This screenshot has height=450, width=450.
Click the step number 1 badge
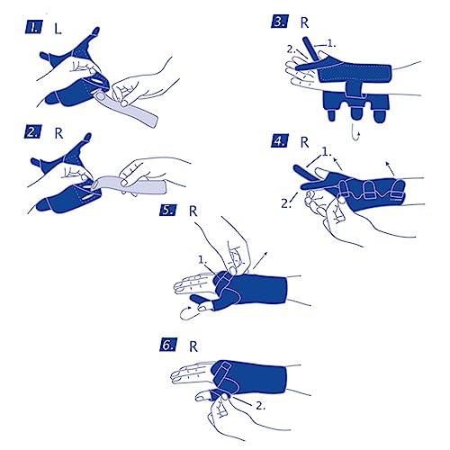pyautogui.click(x=34, y=26)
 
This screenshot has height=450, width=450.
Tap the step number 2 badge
pyautogui.click(x=32, y=131)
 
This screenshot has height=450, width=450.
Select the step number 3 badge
pyautogui.click(x=280, y=21)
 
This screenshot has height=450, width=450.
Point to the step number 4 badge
pyautogui.click(x=280, y=140)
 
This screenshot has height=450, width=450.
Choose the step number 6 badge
pyautogui.click(x=167, y=345)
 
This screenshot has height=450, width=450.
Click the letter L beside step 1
pyautogui.click(x=58, y=29)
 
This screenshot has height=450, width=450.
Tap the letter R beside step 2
pyautogui.click(x=58, y=133)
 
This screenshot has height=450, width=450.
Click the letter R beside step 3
pyautogui.click(x=304, y=22)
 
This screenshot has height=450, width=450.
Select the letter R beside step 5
pyautogui.click(x=193, y=211)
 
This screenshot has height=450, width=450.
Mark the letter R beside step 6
pyautogui.click(x=193, y=346)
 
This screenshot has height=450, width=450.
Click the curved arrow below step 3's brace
pyautogui.click(x=355, y=134)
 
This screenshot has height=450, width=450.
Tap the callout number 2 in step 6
pyautogui.click(x=260, y=406)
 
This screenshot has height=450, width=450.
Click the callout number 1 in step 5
pyautogui.click(x=202, y=259)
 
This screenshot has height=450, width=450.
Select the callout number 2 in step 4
pyautogui.click(x=285, y=203)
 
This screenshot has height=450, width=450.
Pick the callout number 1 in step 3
pyautogui.click(x=331, y=44)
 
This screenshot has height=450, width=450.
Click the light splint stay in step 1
pyautogui.click(x=128, y=107)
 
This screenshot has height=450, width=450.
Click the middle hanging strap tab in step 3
pyautogui.click(x=356, y=115)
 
